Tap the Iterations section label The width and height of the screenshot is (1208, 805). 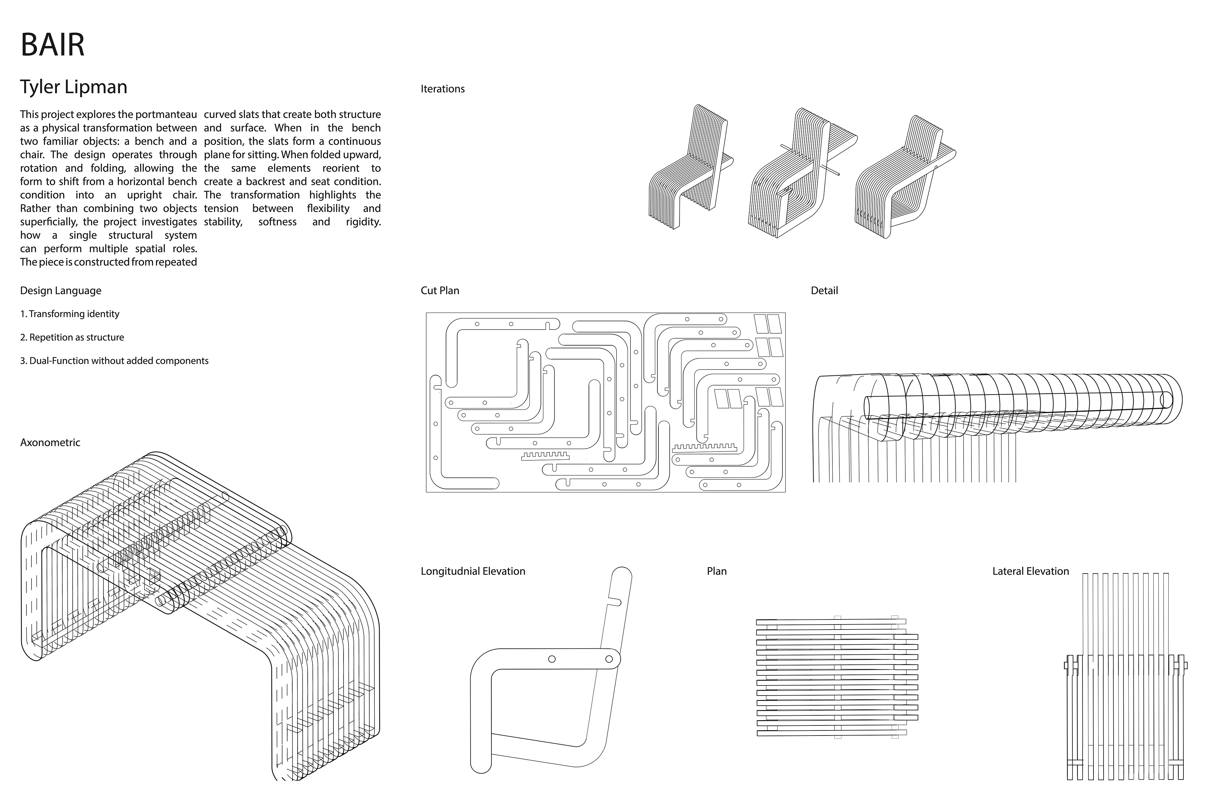tap(442, 89)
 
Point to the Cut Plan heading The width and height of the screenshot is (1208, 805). tap(440, 291)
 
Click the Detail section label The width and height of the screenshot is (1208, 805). tap(824, 291)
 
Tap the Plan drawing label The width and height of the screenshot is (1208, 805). tap(717, 571)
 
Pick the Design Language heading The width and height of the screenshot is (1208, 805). tap(61, 291)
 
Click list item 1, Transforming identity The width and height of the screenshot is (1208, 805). tap(70, 314)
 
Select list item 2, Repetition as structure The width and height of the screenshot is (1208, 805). tap(72, 337)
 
